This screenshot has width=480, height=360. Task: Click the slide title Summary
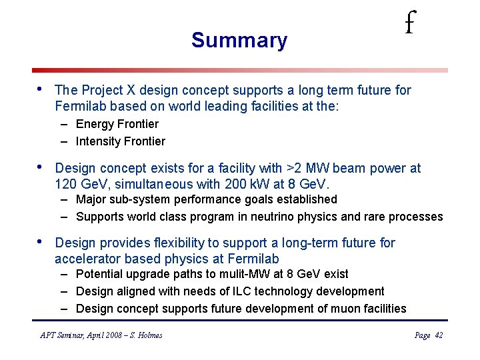tap(239, 41)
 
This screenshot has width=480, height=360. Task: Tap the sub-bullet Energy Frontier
tap(117, 124)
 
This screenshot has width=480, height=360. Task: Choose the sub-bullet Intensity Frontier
tap(121, 141)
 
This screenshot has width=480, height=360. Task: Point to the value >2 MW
tap(307, 169)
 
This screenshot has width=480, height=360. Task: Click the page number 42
tap(438, 335)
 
